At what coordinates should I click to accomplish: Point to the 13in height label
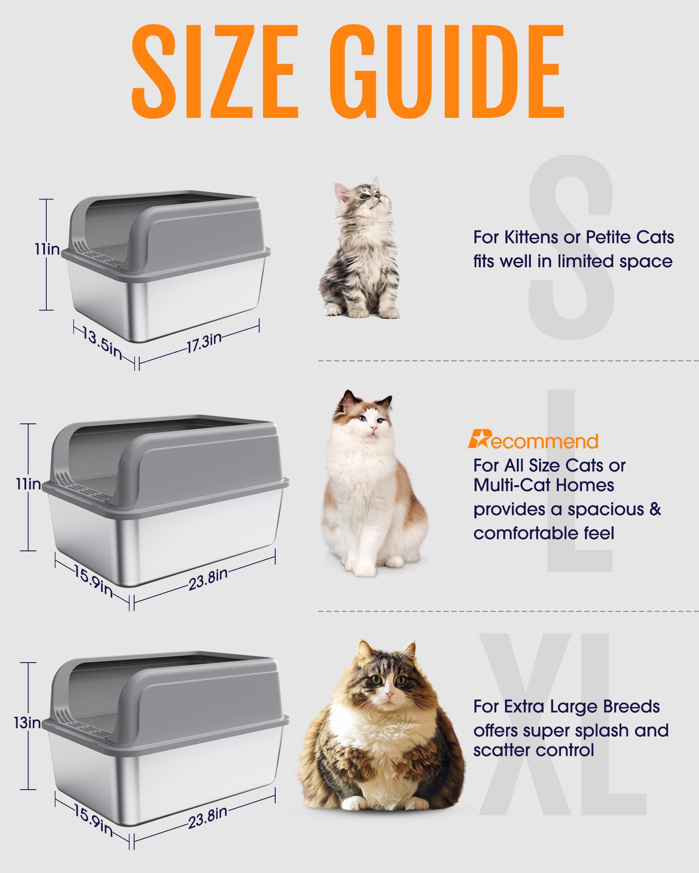(27, 722)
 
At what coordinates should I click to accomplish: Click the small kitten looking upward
(361, 249)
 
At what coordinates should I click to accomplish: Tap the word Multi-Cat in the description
(507, 485)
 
